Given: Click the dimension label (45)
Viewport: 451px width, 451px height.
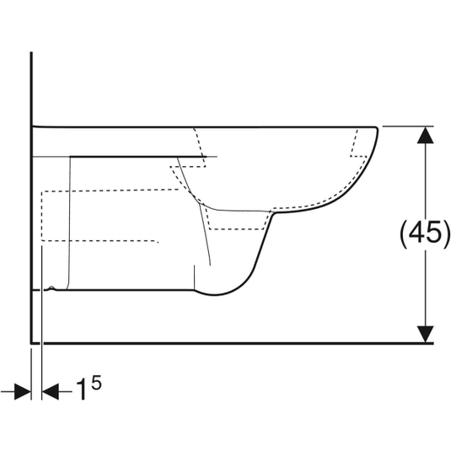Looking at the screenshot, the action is (x=424, y=234).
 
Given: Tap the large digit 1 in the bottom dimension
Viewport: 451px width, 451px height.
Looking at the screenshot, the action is (x=82, y=390).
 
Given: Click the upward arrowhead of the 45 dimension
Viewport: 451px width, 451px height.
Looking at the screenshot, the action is (x=426, y=135).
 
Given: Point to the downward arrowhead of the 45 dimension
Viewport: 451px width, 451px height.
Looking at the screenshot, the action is (x=426, y=334).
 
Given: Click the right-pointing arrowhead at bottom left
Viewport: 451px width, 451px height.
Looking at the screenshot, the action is (x=23, y=391).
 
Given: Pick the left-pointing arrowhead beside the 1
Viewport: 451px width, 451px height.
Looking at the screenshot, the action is (x=51, y=391).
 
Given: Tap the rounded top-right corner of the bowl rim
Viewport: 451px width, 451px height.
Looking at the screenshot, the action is (x=376, y=128).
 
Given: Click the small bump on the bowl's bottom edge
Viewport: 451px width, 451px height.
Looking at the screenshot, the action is (x=52, y=288).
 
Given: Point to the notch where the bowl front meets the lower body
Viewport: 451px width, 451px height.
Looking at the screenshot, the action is (x=273, y=213).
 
